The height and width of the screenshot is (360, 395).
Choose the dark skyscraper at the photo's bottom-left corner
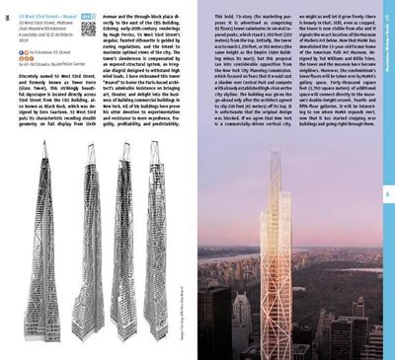pos(209,325)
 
